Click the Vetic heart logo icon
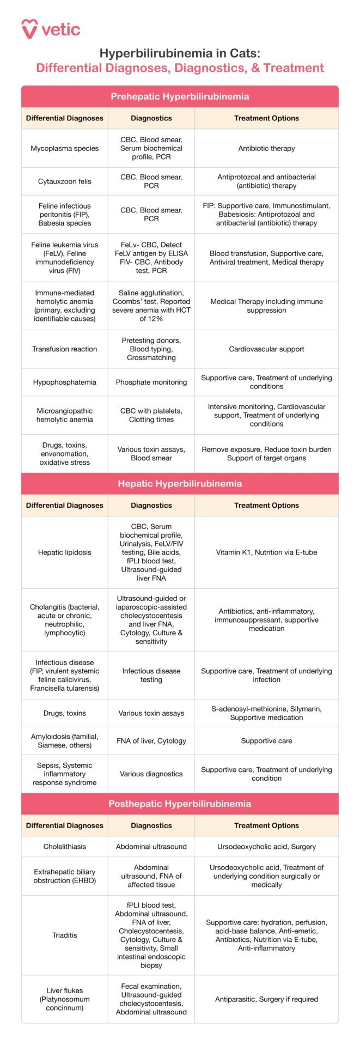[x=29, y=29]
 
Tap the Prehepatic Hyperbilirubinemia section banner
[x=180, y=96]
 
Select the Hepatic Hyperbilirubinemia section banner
[x=180, y=483]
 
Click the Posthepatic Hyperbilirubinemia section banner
[x=180, y=804]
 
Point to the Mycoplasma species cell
[x=65, y=148]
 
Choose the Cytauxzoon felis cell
[x=65, y=181]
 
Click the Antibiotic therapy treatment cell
[x=266, y=148]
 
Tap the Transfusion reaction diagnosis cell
[x=65, y=349]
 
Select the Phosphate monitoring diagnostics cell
[x=151, y=382]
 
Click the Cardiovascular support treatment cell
[x=266, y=349]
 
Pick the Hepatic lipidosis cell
[x=65, y=552]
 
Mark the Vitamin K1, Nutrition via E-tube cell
[x=266, y=552]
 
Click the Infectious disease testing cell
[x=151, y=676]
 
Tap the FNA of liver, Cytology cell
[x=151, y=741]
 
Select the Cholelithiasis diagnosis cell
[x=65, y=847]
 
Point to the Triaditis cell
[x=65, y=935]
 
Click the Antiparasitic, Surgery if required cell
[x=266, y=999]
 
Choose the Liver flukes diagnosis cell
[x=65, y=999]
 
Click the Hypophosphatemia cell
[x=65, y=382]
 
